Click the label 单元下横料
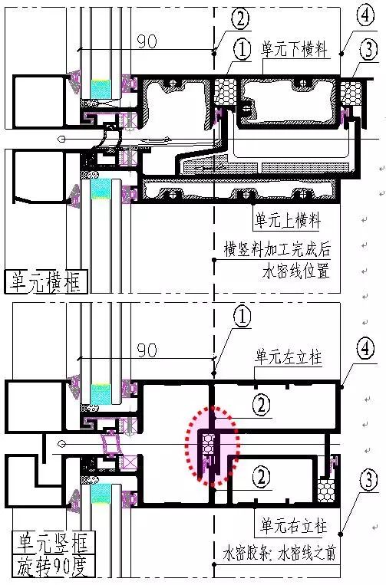(x=294, y=49)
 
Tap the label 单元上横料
(x=288, y=220)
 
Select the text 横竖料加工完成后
(x=277, y=249)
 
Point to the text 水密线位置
(x=296, y=271)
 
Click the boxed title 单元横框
(x=45, y=282)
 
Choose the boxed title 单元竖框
(x=52, y=543)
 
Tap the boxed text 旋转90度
(x=52, y=567)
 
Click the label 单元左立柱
(x=289, y=357)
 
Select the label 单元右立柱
(x=294, y=526)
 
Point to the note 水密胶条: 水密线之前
(x=279, y=553)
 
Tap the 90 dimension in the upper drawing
(x=147, y=41)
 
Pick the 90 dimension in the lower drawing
(x=147, y=350)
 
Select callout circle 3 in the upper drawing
(x=369, y=49)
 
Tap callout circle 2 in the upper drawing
(x=240, y=18)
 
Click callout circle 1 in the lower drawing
(x=242, y=317)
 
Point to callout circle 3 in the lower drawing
(x=369, y=480)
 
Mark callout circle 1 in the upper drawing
(x=242, y=50)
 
